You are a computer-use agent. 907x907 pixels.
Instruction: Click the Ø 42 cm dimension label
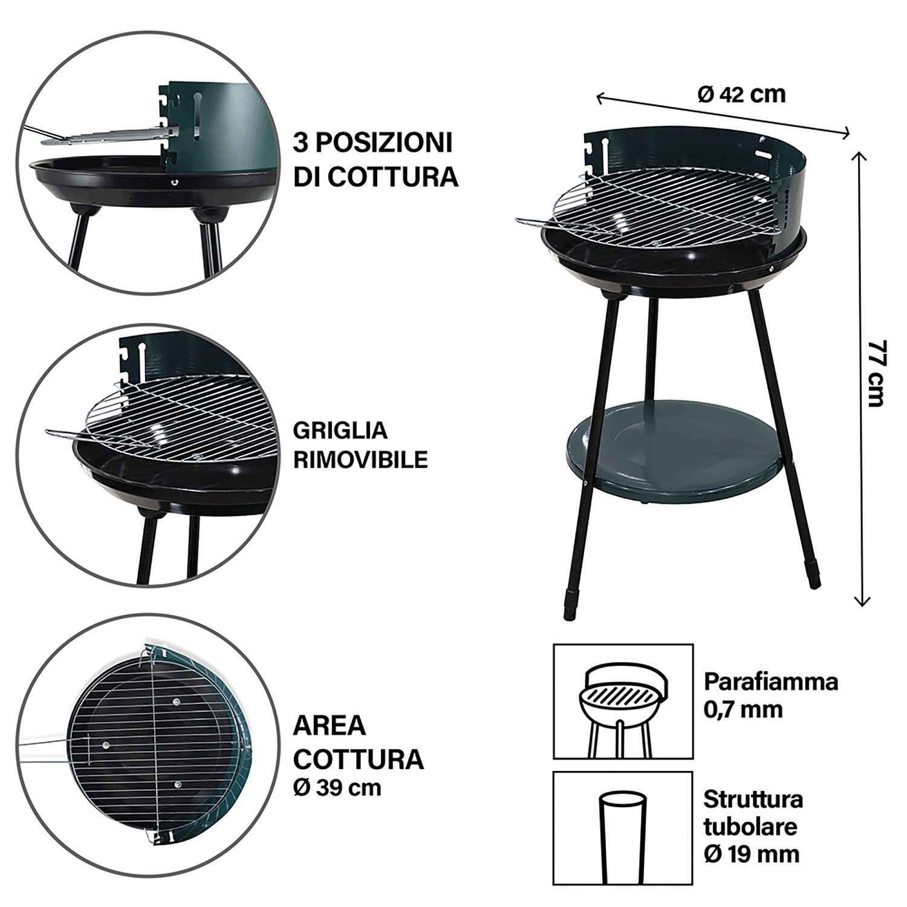click(741, 94)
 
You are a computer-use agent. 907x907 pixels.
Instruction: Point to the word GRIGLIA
click(340, 431)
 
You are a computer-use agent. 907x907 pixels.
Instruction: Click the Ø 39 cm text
click(338, 788)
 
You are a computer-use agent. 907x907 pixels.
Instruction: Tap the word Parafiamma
click(771, 683)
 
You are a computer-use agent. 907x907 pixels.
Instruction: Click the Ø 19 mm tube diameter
click(752, 854)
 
